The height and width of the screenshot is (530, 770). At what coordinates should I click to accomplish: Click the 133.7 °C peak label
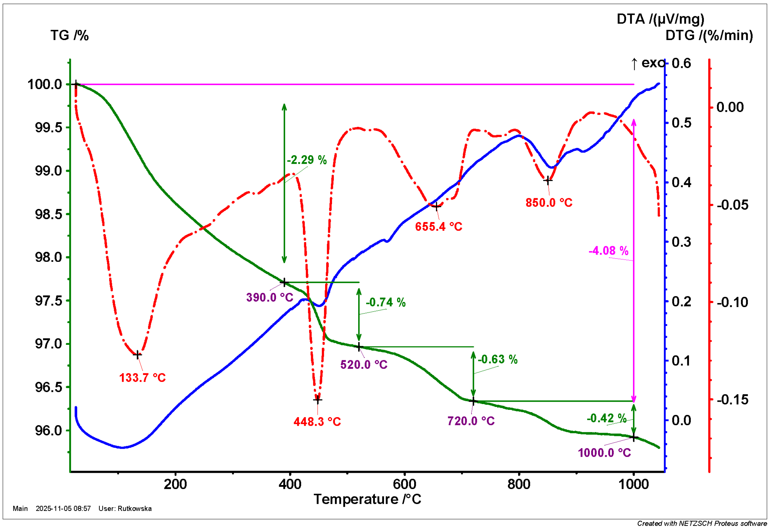[142, 378]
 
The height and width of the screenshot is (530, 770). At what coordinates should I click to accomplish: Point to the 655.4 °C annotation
[438, 227]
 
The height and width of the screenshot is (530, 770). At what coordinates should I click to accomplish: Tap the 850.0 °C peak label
[549, 203]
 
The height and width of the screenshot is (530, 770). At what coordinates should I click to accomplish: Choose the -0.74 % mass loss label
[385, 302]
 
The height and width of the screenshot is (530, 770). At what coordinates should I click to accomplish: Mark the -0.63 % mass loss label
[497, 359]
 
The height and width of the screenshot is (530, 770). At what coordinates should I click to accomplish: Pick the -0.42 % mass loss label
[606, 418]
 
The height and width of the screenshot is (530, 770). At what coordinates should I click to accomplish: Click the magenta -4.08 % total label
[608, 251]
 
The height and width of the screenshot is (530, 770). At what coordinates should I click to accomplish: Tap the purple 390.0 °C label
[270, 298]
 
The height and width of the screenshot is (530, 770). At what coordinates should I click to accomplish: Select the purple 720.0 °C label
[470, 421]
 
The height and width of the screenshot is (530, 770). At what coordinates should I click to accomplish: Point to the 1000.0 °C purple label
[604, 453]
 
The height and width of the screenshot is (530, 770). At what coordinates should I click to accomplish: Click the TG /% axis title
[69, 35]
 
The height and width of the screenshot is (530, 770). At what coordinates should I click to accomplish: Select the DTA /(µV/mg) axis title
[660, 19]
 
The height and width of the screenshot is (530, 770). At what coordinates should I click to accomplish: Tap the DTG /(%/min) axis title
[709, 35]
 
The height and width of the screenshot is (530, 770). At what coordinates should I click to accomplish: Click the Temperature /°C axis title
[367, 500]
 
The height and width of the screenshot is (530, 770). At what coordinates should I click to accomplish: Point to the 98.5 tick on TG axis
[48, 214]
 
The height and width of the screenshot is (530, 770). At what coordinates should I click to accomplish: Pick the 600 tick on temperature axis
[404, 484]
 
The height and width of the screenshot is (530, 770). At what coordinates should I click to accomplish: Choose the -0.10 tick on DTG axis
[732, 302]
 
